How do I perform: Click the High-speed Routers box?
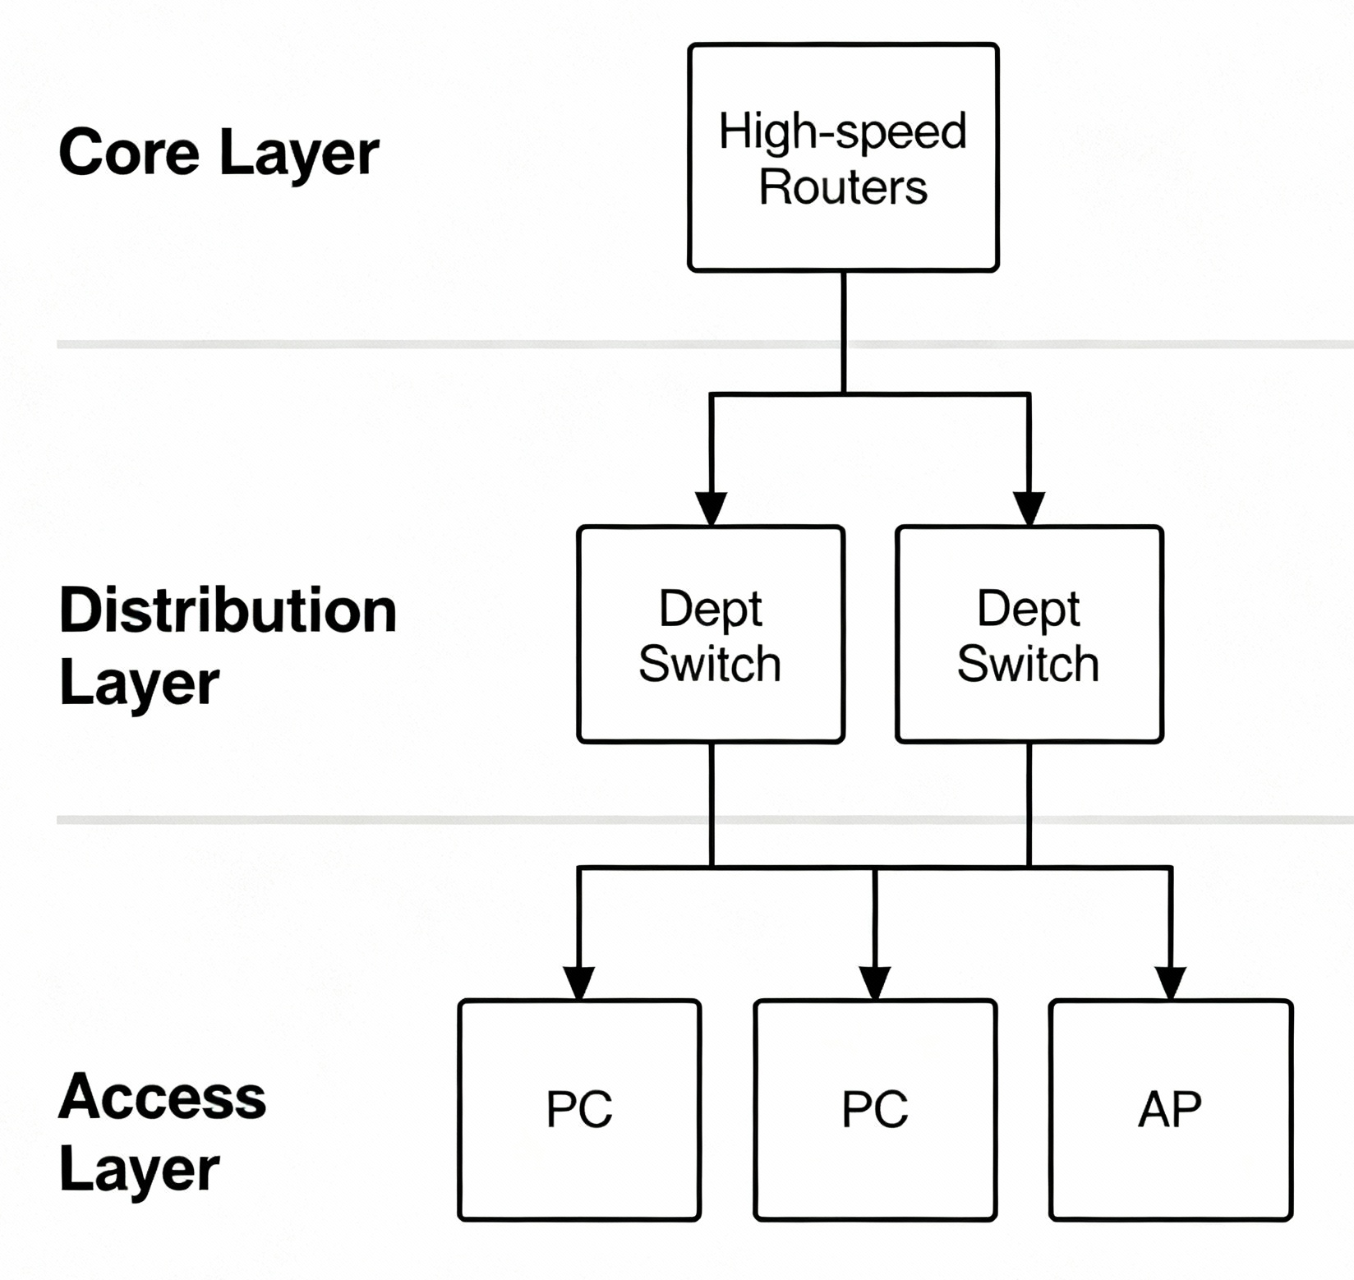click(843, 157)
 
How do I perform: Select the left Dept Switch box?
click(711, 634)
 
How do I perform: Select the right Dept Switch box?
click(1029, 634)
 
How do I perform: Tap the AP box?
click(1170, 1109)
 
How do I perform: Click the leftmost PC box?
click(579, 1109)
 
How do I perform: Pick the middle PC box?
click(875, 1109)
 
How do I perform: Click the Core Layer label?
click(219, 153)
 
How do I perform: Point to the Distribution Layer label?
click(228, 646)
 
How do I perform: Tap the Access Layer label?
click(162, 1132)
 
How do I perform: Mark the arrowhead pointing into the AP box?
click(1170, 982)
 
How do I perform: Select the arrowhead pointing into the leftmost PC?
click(579, 982)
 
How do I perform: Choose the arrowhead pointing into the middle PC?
click(875, 982)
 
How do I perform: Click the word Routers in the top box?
click(843, 186)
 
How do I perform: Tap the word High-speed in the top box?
click(843, 131)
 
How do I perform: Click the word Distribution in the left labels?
click(228, 610)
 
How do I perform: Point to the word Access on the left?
click(162, 1097)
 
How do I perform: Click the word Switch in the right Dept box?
click(1028, 664)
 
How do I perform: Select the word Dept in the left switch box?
click(711, 608)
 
